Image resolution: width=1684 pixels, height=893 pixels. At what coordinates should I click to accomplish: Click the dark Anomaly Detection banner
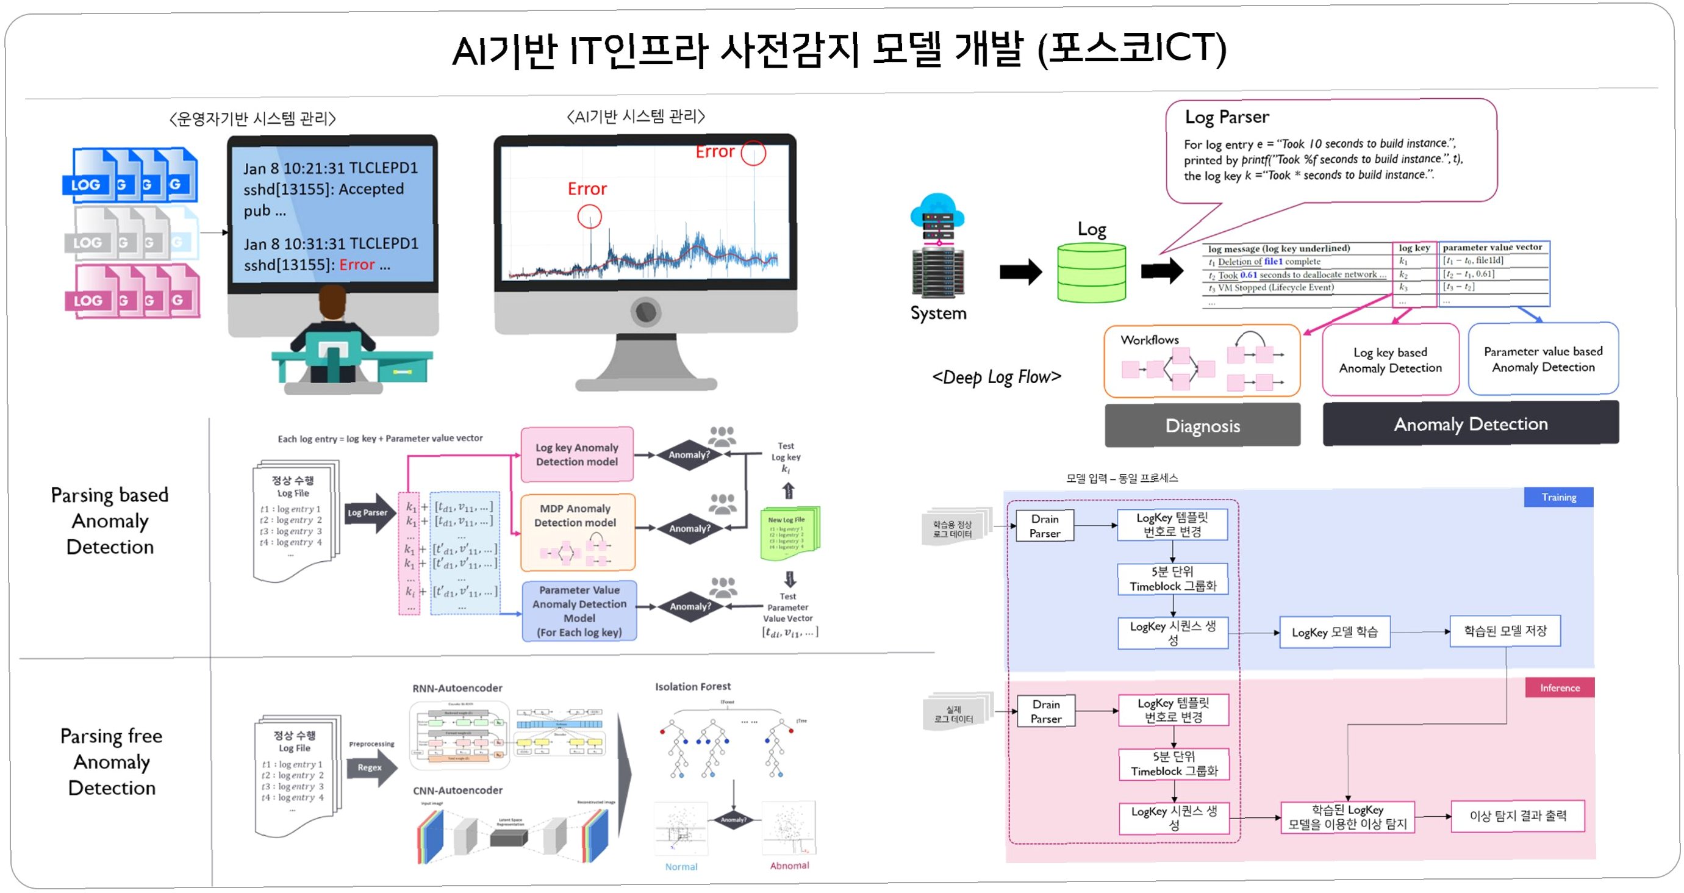click(x=1471, y=423)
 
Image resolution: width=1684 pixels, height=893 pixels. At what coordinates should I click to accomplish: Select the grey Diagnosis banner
click(x=1202, y=426)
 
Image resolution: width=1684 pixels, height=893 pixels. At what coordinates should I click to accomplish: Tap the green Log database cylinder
click(x=1091, y=273)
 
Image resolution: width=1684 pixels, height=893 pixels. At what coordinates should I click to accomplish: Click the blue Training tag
click(x=1558, y=497)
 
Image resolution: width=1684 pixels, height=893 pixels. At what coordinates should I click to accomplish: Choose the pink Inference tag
click(x=1559, y=687)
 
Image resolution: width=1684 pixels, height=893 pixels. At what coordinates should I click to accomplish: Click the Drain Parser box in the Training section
click(x=1044, y=526)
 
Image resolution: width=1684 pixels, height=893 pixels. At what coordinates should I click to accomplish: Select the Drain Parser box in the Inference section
click(x=1045, y=711)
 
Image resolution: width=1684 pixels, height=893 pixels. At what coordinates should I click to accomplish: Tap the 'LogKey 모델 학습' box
click(x=1335, y=632)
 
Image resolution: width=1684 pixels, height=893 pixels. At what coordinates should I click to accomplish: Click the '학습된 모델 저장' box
click(x=1505, y=631)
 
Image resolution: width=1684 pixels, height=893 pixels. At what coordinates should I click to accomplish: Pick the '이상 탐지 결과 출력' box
click(x=1517, y=816)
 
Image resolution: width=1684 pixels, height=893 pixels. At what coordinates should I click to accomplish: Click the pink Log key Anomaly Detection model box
click(x=576, y=454)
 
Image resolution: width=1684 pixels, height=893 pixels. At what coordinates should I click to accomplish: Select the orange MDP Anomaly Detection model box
click(x=576, y=531)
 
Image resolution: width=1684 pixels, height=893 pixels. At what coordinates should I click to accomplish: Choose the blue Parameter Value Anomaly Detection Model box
click(x=579, y=611)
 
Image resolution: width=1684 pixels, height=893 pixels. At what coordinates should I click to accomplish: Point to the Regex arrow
click(x=371, y=767)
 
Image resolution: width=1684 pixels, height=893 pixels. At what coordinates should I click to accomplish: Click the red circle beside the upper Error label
click(x=753, y=153)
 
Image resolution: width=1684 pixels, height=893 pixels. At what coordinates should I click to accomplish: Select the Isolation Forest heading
click(x=692, y=686)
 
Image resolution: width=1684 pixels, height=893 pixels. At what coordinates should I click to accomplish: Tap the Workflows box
click(x=1202, y=361)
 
